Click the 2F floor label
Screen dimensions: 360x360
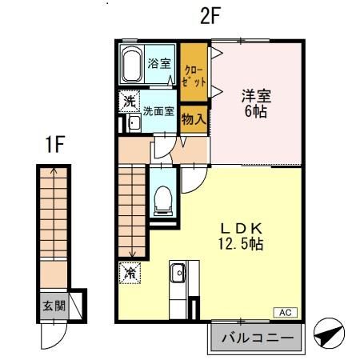pos(210,17)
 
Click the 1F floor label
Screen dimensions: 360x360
pos(54,146)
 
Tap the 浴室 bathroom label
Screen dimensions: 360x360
pos(158,63)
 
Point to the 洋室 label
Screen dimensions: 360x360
pos(256,96)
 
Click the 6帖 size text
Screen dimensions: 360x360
pos(256,111)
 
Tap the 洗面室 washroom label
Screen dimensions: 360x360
pos(158,111)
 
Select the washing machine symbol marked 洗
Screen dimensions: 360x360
pos(129,102)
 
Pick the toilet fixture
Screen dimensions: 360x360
pos(162,200)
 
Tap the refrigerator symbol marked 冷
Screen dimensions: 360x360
pos(129,272)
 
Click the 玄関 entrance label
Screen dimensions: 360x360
pos(54,306)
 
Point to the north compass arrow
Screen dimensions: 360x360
pos(330,332)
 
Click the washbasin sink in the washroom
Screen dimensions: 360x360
pos(134,123)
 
